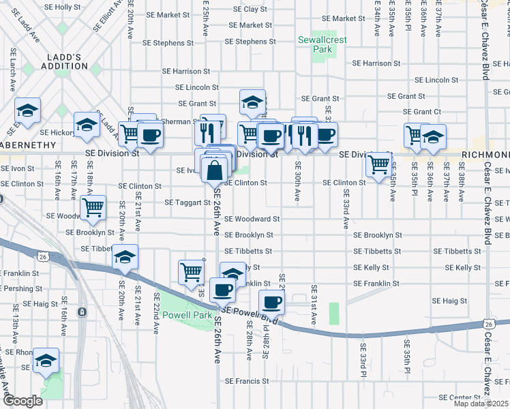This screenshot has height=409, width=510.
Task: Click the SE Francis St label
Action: tap(249, 380)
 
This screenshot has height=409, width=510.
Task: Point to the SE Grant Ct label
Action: tap(422, 112)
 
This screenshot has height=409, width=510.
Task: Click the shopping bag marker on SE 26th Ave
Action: tap(214, 170)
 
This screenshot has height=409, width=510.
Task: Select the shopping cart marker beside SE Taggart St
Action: tap(93, 206)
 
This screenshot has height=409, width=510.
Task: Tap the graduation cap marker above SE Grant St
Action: tap(252, 102)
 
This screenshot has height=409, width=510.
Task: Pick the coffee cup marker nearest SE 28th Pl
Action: tap(271, 301)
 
